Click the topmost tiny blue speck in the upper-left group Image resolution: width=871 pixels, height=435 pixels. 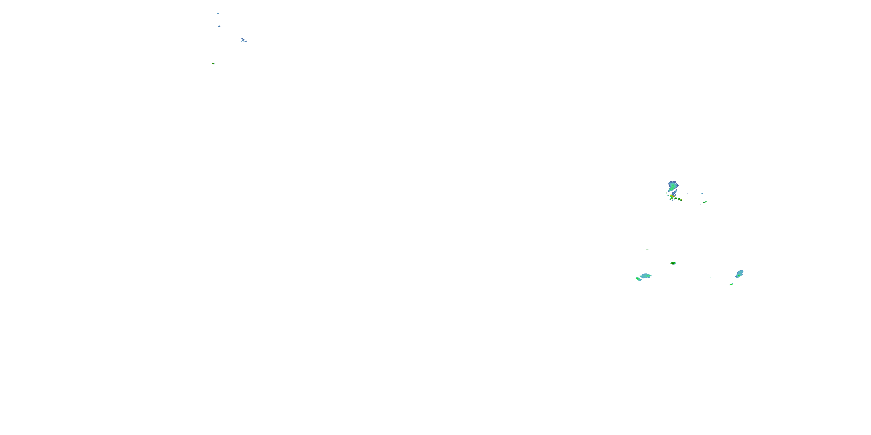(217, 13)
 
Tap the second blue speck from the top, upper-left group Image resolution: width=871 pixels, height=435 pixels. (219, 26)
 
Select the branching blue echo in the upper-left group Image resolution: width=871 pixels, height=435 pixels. (244, 41)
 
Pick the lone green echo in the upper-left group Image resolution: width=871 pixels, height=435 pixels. (213, 63)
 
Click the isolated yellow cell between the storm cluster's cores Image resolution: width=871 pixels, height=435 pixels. (676, 199)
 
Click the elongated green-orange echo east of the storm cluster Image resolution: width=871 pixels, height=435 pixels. (705, 202)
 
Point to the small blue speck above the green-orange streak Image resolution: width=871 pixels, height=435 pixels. (702, 193)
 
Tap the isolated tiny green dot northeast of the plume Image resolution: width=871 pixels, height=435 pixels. (731, 176)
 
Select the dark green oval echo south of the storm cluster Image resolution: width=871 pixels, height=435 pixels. (673, 263)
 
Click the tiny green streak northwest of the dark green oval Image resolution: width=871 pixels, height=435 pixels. (647, 250)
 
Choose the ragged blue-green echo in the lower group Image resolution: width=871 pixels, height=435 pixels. (645, 275)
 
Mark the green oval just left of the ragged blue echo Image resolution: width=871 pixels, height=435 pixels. (638, 279)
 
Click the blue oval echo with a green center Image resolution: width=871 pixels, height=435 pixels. (739, 273)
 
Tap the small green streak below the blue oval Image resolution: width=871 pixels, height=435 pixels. (731, 284)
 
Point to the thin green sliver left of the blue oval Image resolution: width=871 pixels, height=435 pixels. (711, 277)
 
